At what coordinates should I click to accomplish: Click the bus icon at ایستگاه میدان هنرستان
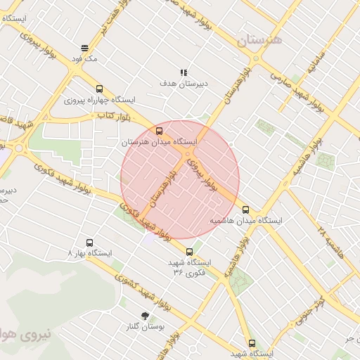coord(159,131)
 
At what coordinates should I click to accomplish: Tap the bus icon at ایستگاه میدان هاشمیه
coord(245,209)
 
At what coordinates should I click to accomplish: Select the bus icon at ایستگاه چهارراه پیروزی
coord(99,89)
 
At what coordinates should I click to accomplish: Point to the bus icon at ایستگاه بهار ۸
coord(89,242)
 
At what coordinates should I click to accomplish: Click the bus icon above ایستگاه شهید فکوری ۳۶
coord(189,251)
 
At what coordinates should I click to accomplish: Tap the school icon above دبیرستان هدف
coord(184,72)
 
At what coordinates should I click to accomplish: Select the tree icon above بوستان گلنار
coord(146,316)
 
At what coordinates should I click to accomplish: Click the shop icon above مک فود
coord(84,49)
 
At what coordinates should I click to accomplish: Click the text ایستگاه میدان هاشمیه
coord(246,220)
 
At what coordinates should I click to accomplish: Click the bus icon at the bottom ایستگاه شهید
coord(252,343)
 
